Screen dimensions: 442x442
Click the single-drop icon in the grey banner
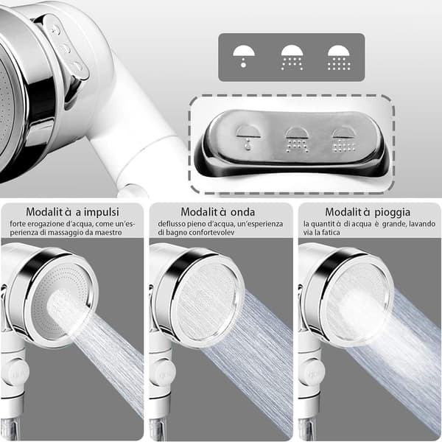244,56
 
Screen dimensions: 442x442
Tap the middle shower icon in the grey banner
292,57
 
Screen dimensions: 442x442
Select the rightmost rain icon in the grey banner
339,57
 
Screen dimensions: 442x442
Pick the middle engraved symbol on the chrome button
297,139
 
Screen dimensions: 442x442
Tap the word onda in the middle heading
242,212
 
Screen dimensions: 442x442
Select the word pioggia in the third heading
393,212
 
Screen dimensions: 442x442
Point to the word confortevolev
211,233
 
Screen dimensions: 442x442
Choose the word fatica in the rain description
330,233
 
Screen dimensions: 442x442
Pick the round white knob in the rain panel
312,373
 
